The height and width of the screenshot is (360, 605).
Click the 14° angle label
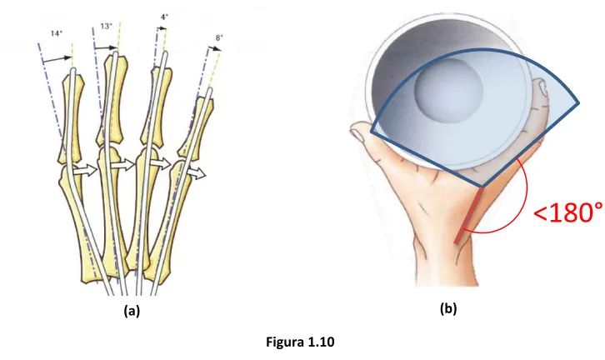pyautogui.click(x=57, y=33)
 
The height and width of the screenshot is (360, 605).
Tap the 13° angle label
pyautogui.click(x=106, y=26)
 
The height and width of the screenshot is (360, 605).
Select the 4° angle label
pyautogui.click(x=164, y=17)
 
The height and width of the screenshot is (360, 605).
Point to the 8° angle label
pyautogui.click(x=219, y=37)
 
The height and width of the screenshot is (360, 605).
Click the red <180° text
pyautogui.click(x=568, y=212)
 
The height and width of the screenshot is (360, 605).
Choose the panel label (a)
pyautogui.click(x=132, y=310)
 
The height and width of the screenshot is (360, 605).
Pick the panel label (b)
pyautogui.click(x=448, y=308)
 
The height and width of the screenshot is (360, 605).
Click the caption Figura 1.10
pyautogui.click(x=300, y=342)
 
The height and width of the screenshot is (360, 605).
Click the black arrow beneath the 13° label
pyautogui.click(x=105, y=47)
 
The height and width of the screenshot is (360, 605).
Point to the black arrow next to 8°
pyautogui.click(x=214, y=48)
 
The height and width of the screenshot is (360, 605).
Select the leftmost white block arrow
pyautogui.click(x=84, y=170)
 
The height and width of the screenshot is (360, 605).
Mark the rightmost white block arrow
pyautogui.click(x=197, y=173)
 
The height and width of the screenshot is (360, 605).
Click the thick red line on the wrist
pyautogui.click(x=469, y=216)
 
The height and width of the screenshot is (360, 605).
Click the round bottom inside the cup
pyautogui.click(x=448, y=89)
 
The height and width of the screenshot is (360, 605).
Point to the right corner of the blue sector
pyautogui.click(x=578, y=103)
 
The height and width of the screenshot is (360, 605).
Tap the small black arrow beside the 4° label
pyautogui.click(x=162, y=28)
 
